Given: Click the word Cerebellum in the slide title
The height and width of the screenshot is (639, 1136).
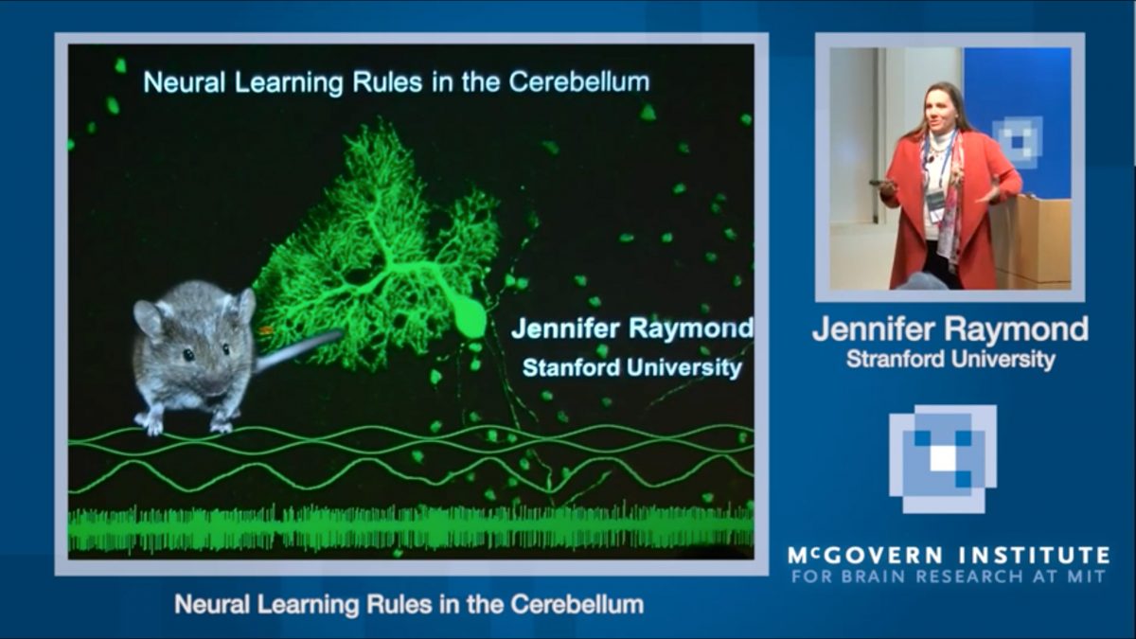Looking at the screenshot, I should click(x=579, y=81).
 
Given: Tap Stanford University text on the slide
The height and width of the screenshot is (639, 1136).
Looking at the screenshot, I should click(x=631, y=366).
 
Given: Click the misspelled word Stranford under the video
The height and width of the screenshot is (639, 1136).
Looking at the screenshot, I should click(x=895, y=360).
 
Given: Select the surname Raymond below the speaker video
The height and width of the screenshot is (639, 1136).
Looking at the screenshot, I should click(x=1021, y=329).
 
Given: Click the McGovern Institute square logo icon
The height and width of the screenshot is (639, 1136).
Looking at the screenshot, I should click(x=943, y=458).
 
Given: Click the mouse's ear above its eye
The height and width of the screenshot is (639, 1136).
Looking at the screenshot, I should click(x=151, y=317).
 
